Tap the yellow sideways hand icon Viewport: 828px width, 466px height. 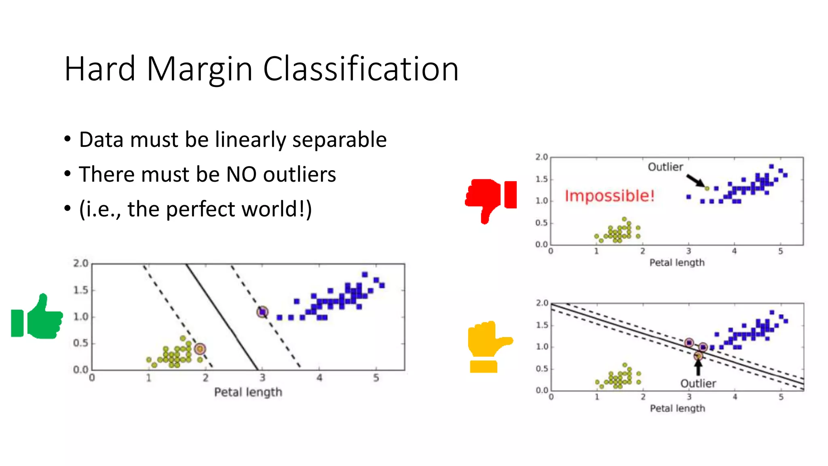point(487,344)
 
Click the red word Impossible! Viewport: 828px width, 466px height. point(609,196)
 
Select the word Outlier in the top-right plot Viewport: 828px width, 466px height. point(665,167)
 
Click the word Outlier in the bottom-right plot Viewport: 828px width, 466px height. point(698,383)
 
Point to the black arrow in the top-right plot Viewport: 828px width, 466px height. point(695,180)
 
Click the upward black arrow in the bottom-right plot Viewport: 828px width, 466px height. point(698,367)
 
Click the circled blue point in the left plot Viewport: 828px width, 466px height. point(263,312)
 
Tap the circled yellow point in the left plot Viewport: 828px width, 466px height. point(200,349)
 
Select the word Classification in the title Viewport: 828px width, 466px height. point(361,69)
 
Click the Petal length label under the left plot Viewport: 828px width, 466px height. point(248,392)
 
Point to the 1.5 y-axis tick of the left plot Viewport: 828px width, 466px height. point(80,290)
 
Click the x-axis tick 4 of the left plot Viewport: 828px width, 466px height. point(319,378)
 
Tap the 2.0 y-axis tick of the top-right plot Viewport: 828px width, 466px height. point(541,157)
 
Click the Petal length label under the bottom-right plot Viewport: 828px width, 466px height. point(677,409)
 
